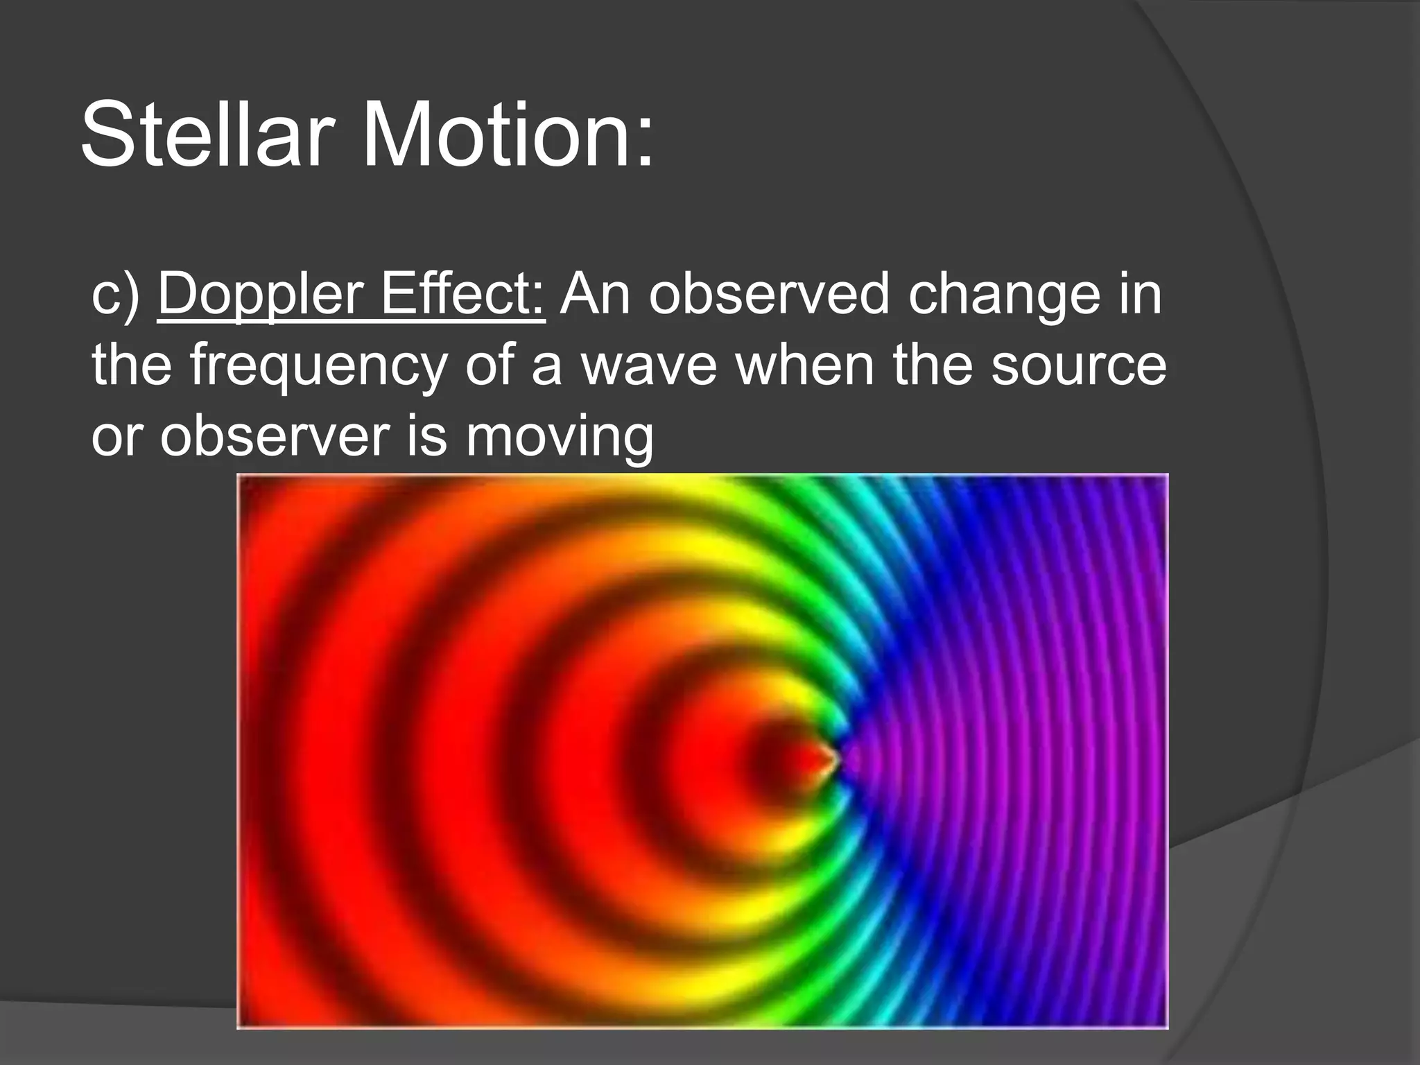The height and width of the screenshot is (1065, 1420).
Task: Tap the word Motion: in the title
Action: tap(508, 135)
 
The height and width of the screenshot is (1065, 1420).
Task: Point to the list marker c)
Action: tap(116, 295)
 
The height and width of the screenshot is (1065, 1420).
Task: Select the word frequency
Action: tap(319, 367)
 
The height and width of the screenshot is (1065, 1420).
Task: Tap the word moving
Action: tap(559, 438)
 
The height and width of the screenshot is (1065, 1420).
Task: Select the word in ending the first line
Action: tap(1138, 294)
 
